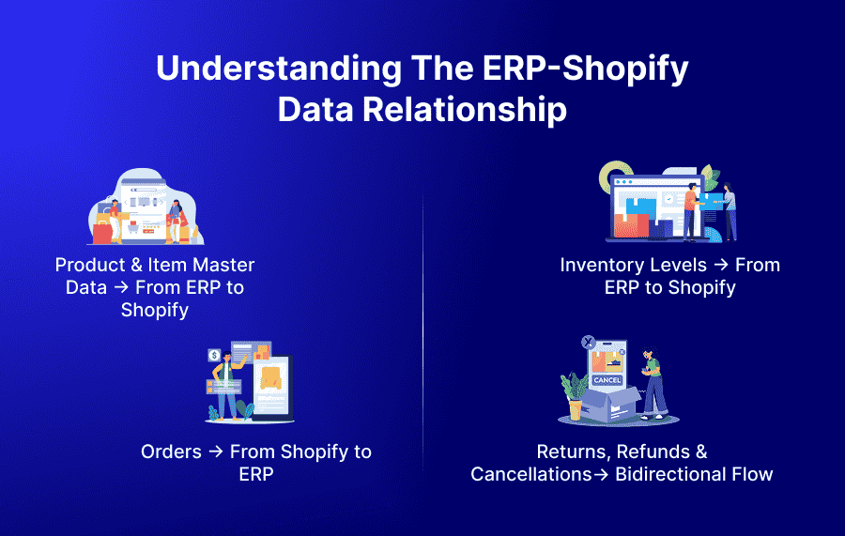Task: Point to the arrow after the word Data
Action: [x=121, y=288]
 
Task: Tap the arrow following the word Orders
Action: [x=215, y=452]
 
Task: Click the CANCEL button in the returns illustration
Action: [x=607, y=380]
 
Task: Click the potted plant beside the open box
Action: [x=573, y=393]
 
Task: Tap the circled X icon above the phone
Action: [x=588, y=344]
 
